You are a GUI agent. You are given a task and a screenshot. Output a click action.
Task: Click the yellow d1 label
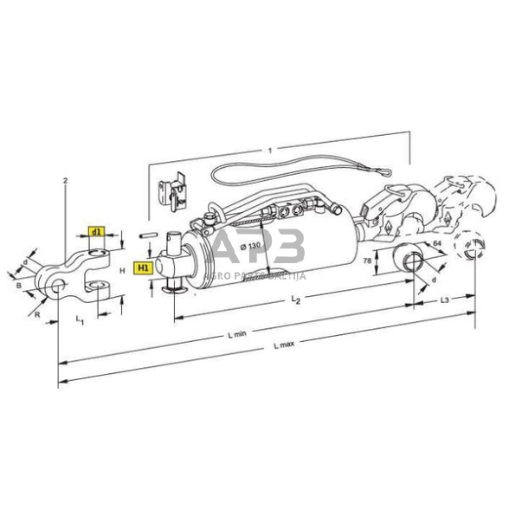96,233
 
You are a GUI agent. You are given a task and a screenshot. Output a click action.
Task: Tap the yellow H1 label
143,268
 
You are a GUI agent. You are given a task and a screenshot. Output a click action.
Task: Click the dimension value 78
367,260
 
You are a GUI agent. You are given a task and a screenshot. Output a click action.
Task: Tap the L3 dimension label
442,300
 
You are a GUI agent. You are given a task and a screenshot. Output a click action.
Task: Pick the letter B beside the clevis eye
20,281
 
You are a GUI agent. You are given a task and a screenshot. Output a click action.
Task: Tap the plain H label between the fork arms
123,270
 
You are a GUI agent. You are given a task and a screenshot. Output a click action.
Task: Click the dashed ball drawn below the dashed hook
467,250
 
